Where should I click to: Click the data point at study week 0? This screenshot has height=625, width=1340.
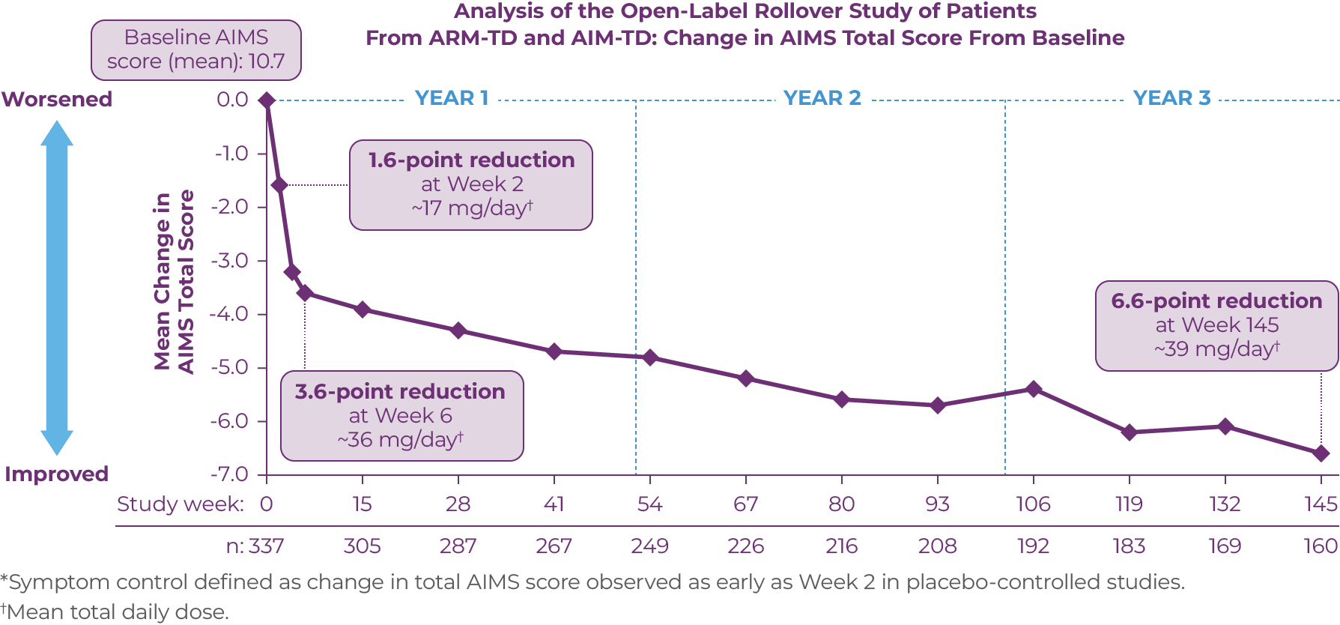267,100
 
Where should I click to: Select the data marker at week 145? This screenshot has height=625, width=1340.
1321,453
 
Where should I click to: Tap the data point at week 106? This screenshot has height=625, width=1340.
1034,389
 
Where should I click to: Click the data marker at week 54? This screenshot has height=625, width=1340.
649,357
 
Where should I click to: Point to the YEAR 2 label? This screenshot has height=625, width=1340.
822,98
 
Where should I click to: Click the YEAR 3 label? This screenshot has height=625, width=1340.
1171,98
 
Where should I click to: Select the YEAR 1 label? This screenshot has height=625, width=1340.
451,98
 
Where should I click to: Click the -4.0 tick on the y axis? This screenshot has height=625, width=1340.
231,314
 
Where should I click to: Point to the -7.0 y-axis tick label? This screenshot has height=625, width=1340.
231,474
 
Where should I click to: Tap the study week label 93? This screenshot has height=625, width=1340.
937,504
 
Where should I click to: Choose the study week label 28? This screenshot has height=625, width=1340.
458,504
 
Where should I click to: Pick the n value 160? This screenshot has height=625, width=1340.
1320,546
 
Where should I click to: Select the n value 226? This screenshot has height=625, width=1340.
745,546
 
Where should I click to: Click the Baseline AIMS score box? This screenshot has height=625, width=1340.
196,49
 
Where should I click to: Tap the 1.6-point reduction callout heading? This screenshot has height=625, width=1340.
471,160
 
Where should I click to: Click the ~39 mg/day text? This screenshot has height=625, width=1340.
1216,349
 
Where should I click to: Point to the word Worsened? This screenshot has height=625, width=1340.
57,100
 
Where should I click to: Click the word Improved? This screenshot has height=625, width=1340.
57,474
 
